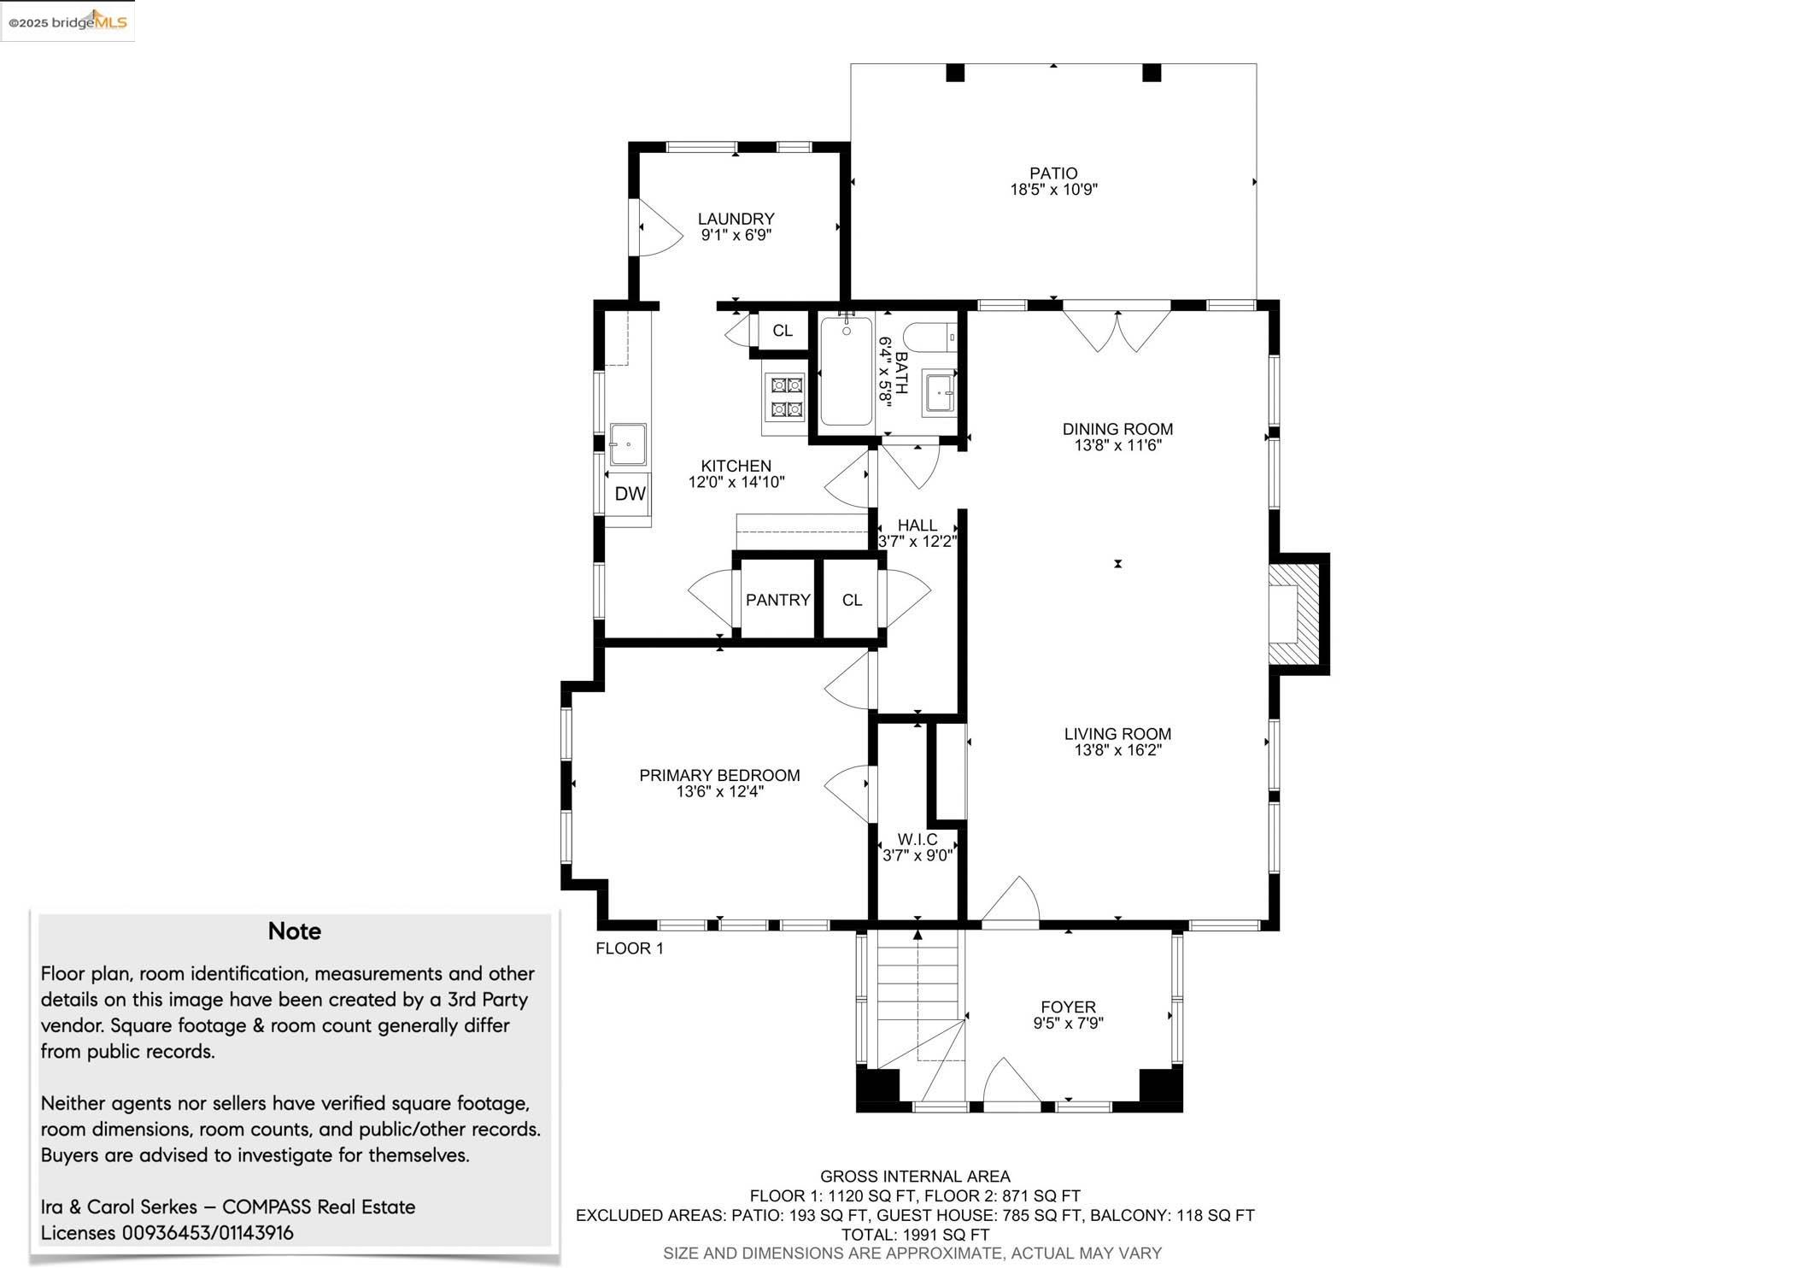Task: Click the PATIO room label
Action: [x=1053, y=173]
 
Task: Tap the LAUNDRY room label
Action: [x=736, y=219]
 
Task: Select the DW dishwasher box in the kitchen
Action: [x=630, y=494]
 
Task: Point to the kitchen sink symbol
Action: [x=628, y=444]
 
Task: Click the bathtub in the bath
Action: [x=846, y=371]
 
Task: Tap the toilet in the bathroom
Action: [x=930, y=338]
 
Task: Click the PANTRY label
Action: [x=777, y=600]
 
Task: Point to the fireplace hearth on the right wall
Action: [x=1297, y=613]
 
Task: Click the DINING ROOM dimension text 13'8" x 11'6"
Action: [x=1117, y=445]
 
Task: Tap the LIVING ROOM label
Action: [x=1117, y=734]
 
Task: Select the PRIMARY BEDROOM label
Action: [x=719, y=776]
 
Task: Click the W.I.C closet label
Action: [x=917, y=840]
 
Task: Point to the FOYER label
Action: [x=1068, y=1007]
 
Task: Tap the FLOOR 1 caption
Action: [x=630, y=948]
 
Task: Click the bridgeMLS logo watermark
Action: [x=67, y=21]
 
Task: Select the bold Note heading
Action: [x=295, y=931]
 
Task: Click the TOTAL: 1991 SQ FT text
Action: [x=915, y=1235]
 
